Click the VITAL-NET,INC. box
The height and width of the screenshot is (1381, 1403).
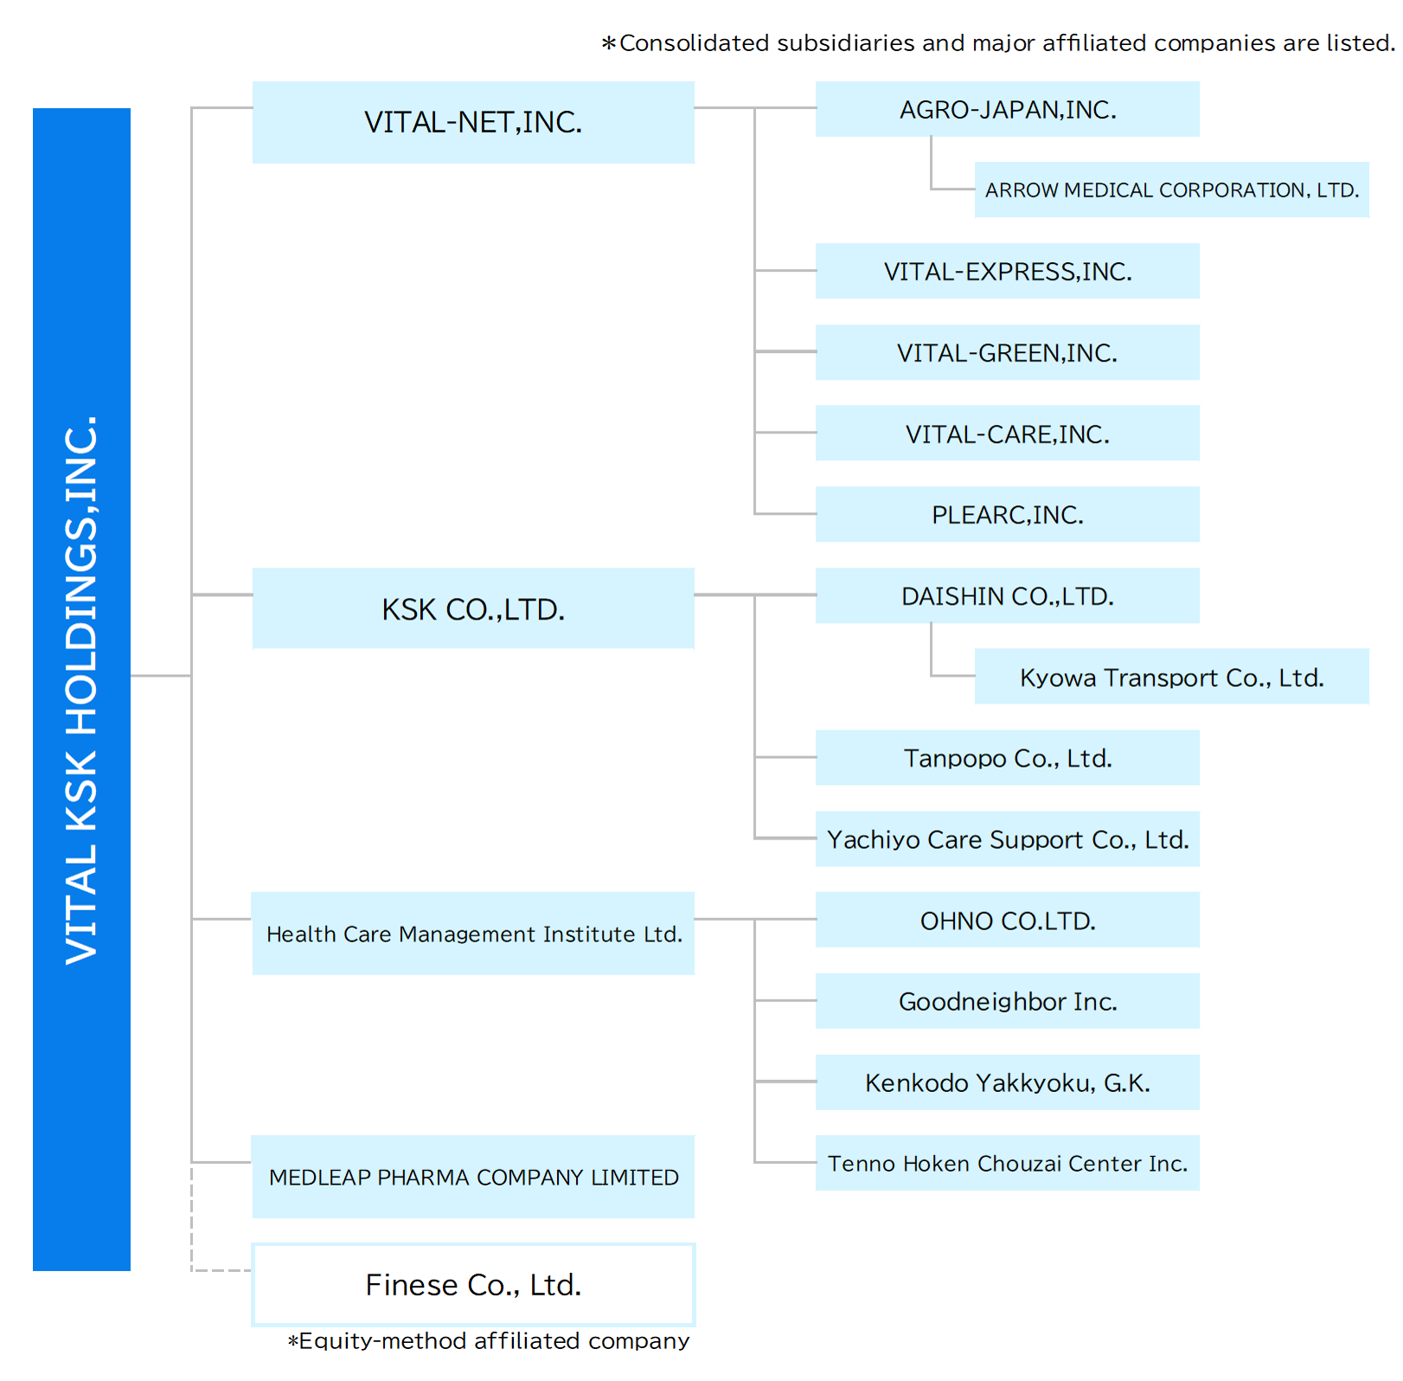coord(473,122)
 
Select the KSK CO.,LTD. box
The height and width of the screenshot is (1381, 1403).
coord(473,608)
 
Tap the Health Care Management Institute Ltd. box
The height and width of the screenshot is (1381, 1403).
coord(473,934)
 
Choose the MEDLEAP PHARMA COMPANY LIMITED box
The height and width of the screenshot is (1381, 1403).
coord(473,1177)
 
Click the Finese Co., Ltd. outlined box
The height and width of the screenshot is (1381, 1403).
coord(473,1284)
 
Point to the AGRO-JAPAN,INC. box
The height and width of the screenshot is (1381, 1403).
coord(1007,109)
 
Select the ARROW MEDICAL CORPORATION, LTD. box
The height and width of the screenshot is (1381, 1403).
coord(1171,189)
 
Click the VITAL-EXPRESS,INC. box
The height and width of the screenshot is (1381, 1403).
coord(1007,271)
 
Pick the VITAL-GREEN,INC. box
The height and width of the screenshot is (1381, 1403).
coord(1007,352)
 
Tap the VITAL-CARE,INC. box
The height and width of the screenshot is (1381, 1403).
coord(1007,434)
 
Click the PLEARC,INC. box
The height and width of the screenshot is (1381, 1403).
coord(1007,514)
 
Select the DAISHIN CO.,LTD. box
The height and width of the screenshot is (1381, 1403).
coord(1007,595)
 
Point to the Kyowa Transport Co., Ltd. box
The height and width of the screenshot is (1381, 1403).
coord(1171,677)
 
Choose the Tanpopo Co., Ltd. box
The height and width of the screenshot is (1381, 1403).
coord(1007,758)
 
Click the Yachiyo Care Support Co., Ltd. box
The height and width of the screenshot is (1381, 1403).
coord(1007,838)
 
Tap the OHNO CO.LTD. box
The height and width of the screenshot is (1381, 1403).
coord(1007,920)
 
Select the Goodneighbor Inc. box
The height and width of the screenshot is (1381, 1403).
coord(1007,1001)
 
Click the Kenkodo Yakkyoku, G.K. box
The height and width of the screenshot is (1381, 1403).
coord(1007,1082)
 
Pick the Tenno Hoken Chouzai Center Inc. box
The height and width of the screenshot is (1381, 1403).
coord(1007,1163)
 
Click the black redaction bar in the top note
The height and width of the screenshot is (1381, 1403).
coord(843,42)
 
